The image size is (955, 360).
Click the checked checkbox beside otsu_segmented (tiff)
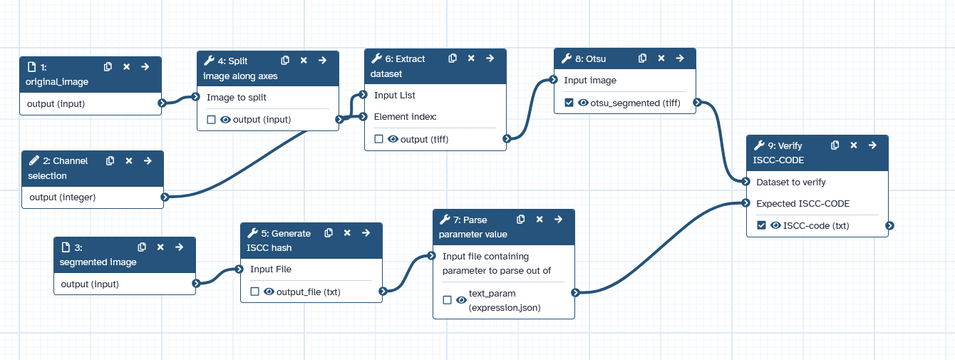[569, 103]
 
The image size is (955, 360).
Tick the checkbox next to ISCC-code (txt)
[761, 225]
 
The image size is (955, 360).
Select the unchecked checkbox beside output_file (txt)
[254, 291]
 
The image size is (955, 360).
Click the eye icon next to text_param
[461, 300]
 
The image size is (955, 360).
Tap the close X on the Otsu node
[661, 58]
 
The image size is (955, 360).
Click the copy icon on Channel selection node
[110, 161]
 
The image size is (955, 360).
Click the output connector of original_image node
[162, 103]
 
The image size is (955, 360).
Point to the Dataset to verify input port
[746, 182]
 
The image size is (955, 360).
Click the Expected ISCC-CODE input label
[802, 203]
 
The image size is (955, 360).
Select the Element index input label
[405, 116]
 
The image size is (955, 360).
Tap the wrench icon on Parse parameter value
[445, 220]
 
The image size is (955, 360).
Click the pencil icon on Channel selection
[33, 161]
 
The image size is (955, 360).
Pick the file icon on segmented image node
[66, 247]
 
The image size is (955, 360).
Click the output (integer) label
[63, 197]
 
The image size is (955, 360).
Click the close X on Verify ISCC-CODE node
[854, 145]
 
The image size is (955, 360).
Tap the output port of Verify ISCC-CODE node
[889, 226]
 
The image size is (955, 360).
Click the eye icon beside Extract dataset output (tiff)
[393, 139]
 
